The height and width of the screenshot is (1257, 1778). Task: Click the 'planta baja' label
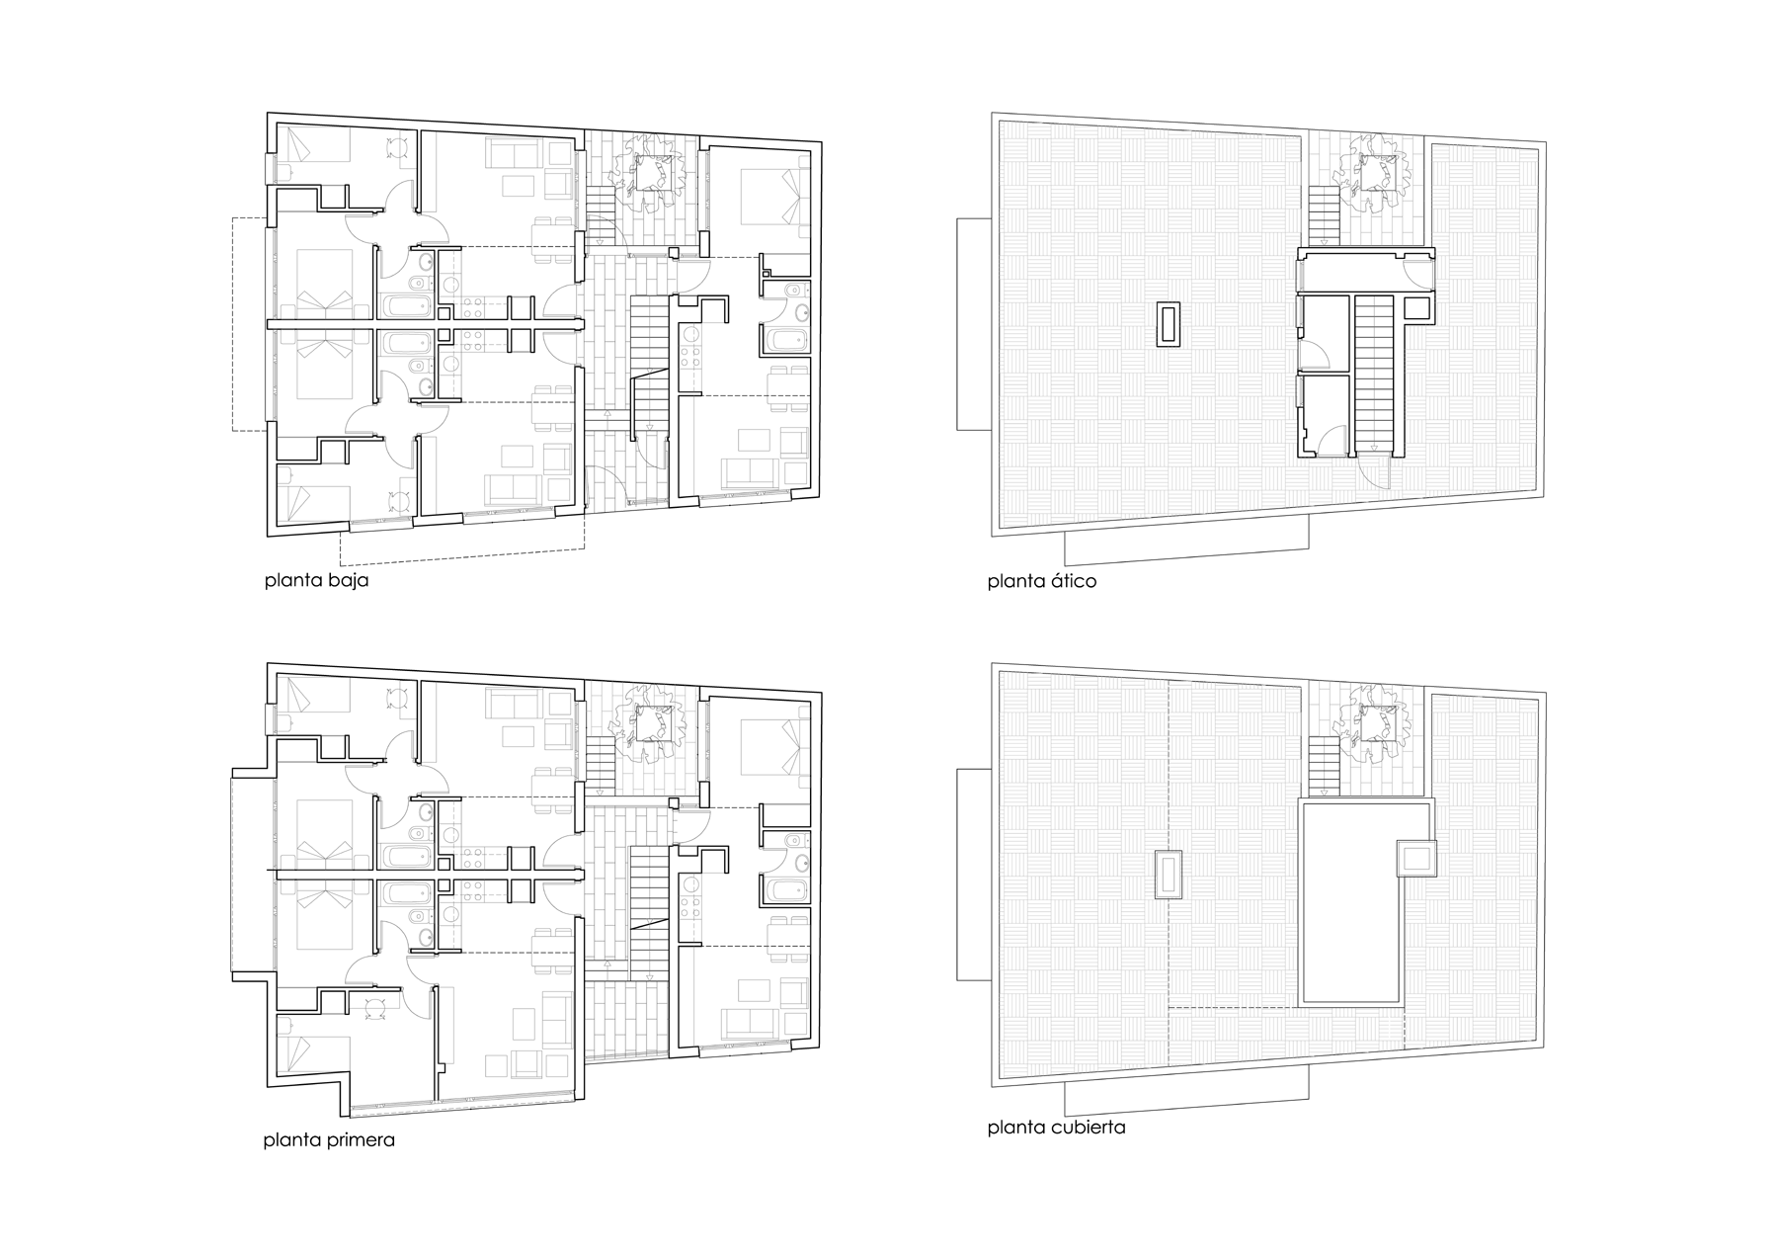[x=316, y=580]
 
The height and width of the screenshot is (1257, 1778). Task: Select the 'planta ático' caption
[x=1041, y=580]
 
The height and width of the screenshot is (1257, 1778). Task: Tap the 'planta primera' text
[x=329, y=1139]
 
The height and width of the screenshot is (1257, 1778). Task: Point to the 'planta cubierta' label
[x=1056, y=1128]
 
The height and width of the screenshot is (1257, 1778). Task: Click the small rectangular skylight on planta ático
[x=1169, y=325]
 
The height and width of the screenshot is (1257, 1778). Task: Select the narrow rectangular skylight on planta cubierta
[x=1169, y=876]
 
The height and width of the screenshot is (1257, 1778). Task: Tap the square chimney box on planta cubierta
[x=1416, y=857]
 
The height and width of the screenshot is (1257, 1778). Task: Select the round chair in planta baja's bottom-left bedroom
[x=399, y=500]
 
